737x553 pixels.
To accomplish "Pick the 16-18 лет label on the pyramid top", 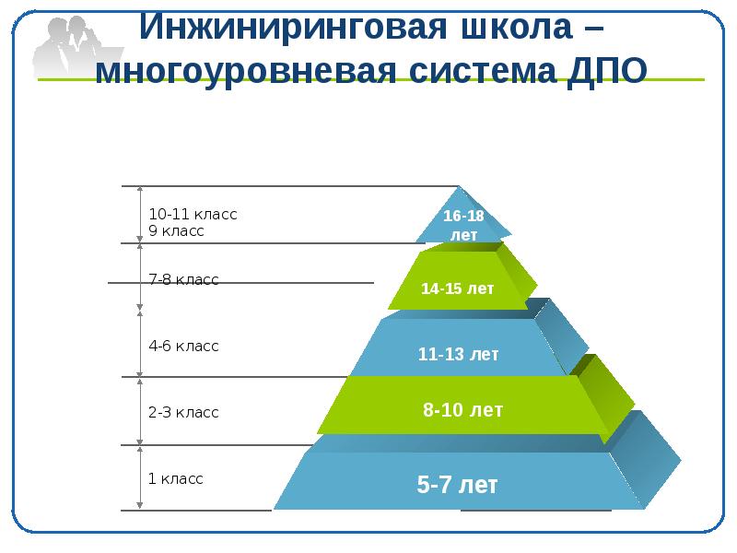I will (x=463, y=225).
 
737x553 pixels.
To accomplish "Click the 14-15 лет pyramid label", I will (x=458, y=288).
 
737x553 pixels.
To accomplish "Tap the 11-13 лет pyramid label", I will (x=458, y=354).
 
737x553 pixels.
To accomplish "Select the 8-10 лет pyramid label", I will (x=462, y=410).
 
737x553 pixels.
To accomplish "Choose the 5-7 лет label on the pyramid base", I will (x=458, y=485).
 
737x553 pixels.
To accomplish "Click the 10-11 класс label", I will (x=193, y=214).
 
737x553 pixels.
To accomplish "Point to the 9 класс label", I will (x=176, y=231).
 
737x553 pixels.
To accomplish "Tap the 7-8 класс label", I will (x=183, y=279).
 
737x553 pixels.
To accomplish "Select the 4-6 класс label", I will (x=183, y=347).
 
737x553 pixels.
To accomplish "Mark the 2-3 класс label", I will (x=183, y=413).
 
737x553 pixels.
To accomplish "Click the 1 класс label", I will (x=175, y=479).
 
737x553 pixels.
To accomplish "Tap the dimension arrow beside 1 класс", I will (x=140, y=477).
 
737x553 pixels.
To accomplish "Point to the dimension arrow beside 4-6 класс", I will (x=140, y=343).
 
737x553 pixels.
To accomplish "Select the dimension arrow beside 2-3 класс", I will (x=140, y=410).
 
